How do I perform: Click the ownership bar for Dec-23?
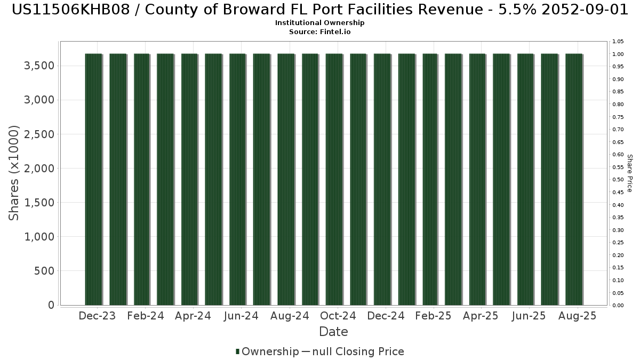[x=93, y=179]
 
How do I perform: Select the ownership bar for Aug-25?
[x=574, y=179]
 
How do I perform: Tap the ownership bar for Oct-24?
[x=334, y=179]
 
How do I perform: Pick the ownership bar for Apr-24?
[x=189, y=179]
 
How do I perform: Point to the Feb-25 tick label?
[x=433, y=316]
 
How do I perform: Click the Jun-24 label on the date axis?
[x=241, y=316]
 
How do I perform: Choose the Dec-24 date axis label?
[x=386, y=316]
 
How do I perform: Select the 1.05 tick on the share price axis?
[x=618, y=42]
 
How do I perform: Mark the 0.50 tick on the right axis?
[x=618, y=180]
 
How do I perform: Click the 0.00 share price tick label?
[x=618, y=306]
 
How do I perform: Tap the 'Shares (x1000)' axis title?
[x=14, y=172]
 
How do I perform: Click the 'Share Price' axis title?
[x=629, y=173]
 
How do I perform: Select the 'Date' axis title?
[x=333, y=332]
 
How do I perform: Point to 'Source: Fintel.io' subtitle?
[x=319, y=31]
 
